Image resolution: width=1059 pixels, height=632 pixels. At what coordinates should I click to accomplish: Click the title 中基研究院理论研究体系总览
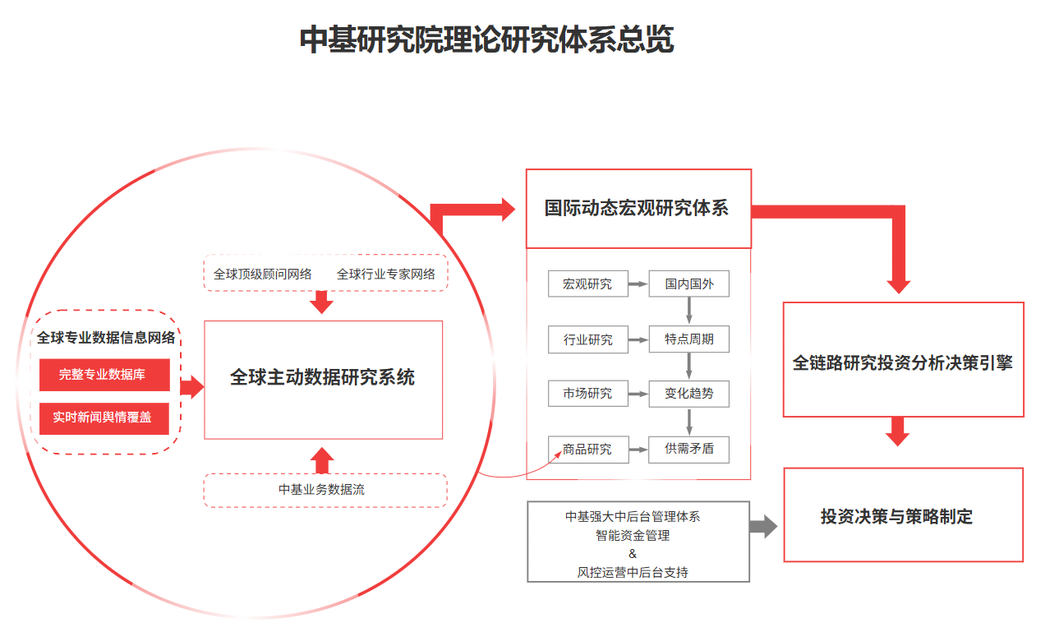coord(486,39)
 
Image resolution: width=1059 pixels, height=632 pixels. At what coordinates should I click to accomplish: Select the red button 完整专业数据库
coord(104,375)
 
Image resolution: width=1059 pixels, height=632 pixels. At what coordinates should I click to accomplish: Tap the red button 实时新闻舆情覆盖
coord(104,417)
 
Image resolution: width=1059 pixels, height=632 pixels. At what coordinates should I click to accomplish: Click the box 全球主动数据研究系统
coord(323,379)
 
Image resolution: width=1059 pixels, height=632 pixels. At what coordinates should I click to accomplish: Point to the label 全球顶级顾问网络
coord(262,274)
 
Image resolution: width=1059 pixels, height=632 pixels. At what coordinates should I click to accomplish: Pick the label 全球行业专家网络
coord(386,274)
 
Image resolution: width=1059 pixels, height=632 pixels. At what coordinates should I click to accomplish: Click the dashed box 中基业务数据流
coord(325,490)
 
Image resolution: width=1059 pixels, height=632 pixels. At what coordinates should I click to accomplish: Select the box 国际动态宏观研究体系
coord(638,208)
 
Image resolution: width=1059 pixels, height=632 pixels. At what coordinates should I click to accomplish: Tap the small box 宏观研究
coord(587,284)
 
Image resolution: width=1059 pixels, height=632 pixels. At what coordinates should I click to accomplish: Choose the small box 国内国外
coord(689,284)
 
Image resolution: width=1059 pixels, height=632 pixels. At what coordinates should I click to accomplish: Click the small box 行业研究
coord(587,339)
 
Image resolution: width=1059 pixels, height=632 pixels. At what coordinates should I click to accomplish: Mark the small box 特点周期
coord(689,339)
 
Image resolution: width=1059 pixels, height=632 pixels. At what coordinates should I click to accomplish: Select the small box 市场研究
coord(587,394)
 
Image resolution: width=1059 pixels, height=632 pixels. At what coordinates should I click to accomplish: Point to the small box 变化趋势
coord(689,394)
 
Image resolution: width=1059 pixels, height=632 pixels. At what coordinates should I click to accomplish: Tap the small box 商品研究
coord(587,450)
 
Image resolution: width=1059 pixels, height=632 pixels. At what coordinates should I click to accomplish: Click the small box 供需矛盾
coord(689,450)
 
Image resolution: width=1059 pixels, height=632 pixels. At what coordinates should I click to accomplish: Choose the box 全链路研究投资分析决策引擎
coord(903,362)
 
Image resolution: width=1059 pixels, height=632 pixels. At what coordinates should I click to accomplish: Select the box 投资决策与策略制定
coord(903,516)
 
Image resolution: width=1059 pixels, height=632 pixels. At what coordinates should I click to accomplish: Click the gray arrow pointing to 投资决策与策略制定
coord(763,527)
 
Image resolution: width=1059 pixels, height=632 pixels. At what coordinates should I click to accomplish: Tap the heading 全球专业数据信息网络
coord(106,338)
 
